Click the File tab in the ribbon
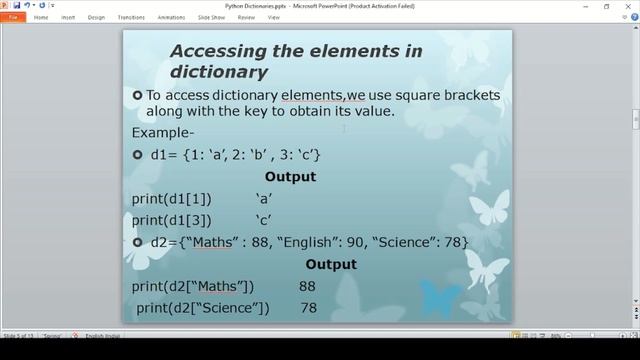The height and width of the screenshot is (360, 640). pyautogui.click(x=13, y=17)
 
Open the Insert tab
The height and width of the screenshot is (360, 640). pyautogui.click(x=68, y=17)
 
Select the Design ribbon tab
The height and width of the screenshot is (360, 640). pyautogui.click(x=96, y=17)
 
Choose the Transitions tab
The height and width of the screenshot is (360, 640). pyautogui.click(x=130, y=17)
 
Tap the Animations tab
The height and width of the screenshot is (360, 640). pyautogui.click(x=170, y=17)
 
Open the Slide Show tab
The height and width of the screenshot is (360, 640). pyautogui.click(x=212, y=17)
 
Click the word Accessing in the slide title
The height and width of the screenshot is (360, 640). pyautogui.click(x=222, y=51)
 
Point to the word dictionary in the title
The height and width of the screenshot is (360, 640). pyautogui.click(x=219, y=72)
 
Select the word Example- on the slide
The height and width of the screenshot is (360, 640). pyautogui.click(x=163, y=133)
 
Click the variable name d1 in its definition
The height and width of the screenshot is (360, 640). pyautogui.click(x=160, y=155)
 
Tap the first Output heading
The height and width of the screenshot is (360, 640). pyautogui.click(x=290, y=177)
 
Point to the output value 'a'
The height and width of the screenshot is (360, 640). pyautogui.click(x=265, y=198)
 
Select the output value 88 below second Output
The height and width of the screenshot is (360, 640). pyautogui.click(x=307, y=287)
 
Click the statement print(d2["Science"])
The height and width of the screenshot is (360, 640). pyautogui.click(x=203, y=308)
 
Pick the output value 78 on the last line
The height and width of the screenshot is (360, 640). pyautogui.click(x=308, y=308)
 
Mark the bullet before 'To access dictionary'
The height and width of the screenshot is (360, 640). pyautogui.click(x=138, y=95)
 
